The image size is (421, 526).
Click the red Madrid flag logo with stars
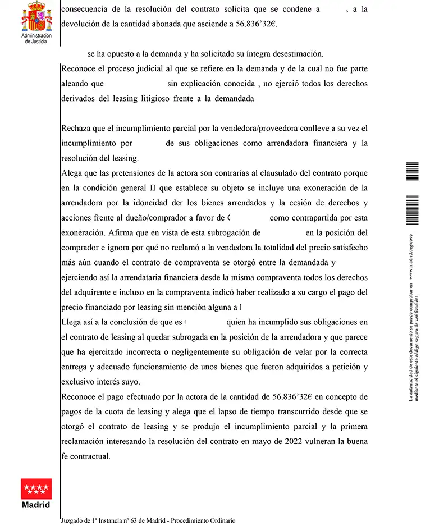pyautogui.click(x=36, y=489)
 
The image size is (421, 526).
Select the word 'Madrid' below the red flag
pyautogui.click(x=36, y=505)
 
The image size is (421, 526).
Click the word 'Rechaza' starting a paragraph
pyautogui.click(x=78, y=128)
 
